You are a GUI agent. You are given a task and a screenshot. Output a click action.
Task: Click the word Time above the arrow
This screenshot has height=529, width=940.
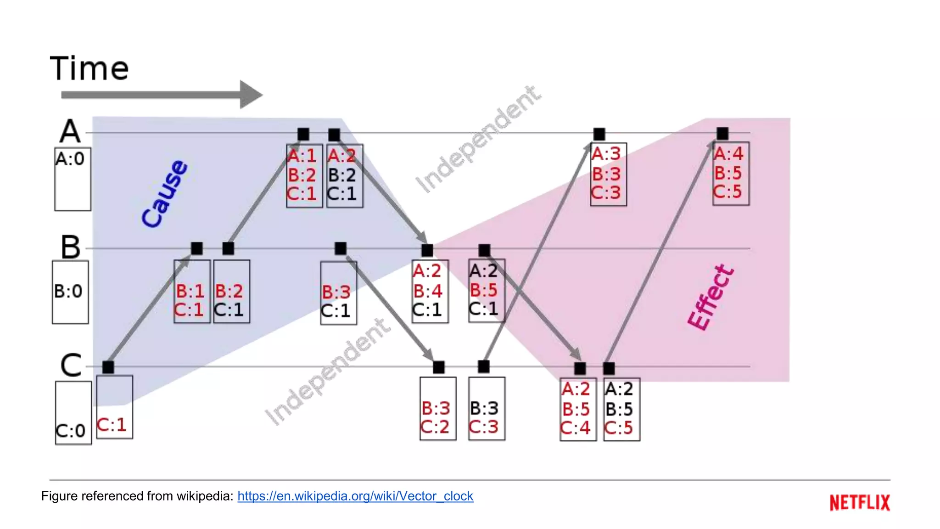(90, 69)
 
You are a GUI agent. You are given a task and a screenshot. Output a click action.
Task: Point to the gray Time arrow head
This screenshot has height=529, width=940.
(250, 95)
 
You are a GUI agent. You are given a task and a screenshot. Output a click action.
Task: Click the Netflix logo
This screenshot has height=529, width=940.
(859, 502)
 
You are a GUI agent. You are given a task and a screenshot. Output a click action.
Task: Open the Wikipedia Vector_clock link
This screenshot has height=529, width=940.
(355, 496)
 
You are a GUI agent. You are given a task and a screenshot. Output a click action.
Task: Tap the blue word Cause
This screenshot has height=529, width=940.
(164, 194)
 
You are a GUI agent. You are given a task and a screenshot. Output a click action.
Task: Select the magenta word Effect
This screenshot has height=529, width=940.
(710, 298)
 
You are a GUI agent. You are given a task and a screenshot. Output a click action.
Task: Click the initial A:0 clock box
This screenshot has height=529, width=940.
(73, 179)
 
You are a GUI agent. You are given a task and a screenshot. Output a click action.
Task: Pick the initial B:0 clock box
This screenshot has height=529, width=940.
(70, 292)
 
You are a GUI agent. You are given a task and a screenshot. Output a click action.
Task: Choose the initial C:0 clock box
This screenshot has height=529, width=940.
(73, 412)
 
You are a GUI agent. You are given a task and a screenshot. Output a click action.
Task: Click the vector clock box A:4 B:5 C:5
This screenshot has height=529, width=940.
(731, 174)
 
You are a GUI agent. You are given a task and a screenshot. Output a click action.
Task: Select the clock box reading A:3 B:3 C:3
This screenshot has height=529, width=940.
(608, 174)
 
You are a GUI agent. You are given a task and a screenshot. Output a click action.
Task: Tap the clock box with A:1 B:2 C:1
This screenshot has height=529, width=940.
(304, 175)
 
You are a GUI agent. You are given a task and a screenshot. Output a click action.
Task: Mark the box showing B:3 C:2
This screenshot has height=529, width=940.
(437, 409)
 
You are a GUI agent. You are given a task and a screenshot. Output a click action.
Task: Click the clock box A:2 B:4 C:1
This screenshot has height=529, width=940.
(430, 291)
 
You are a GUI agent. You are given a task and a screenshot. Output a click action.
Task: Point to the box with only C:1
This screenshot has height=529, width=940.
(114, 407)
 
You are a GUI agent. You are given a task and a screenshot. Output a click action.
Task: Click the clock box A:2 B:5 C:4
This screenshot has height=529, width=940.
(578, 409)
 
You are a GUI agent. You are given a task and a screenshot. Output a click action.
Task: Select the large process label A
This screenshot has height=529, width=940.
(70, 131)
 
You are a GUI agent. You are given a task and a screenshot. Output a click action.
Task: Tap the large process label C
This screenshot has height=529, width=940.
(71, 366)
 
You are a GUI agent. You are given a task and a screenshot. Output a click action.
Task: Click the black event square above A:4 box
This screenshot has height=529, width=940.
(722, 134)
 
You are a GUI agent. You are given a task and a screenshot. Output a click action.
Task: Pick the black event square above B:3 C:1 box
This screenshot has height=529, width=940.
(340, 248)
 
